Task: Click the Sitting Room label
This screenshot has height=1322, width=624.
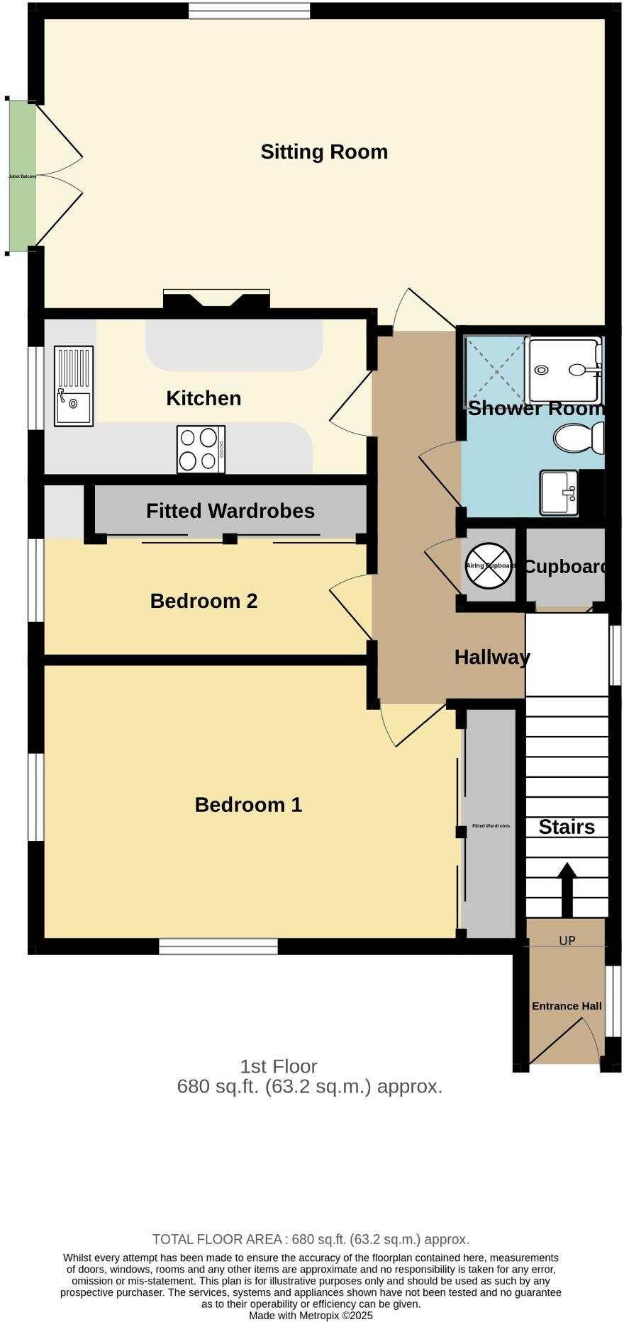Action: tap(324, 152)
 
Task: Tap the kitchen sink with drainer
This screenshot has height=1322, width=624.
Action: tap(74, 386)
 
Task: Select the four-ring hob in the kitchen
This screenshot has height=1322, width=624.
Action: tap(201, 449)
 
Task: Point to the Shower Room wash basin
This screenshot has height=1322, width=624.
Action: tap(559, 492)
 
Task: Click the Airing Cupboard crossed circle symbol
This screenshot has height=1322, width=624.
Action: tap(489, 566)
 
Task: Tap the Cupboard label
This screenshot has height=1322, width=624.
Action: tap(565, 567)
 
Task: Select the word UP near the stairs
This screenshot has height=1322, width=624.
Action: tap(567, 941)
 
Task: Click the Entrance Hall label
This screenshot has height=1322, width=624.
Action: tap(567, 1006)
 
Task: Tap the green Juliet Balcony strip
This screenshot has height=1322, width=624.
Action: tap(22, 176)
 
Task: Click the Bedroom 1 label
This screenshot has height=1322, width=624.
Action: tap(248, 805)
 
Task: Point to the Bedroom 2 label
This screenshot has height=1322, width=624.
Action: tap(204, 601)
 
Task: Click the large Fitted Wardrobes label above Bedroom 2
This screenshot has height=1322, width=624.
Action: tap(230, 511)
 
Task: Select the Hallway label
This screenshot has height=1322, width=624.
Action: tap(492, 657)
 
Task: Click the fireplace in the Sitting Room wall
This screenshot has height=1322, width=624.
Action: tap(216, 299)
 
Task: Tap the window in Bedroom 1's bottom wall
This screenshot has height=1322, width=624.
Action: tap(218, 947)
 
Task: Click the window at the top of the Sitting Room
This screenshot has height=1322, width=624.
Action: tap(249, 10)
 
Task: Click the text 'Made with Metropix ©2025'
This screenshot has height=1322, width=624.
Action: tap(311, 1315)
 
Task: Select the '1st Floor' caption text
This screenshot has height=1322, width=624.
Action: tap(279, 1066)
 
